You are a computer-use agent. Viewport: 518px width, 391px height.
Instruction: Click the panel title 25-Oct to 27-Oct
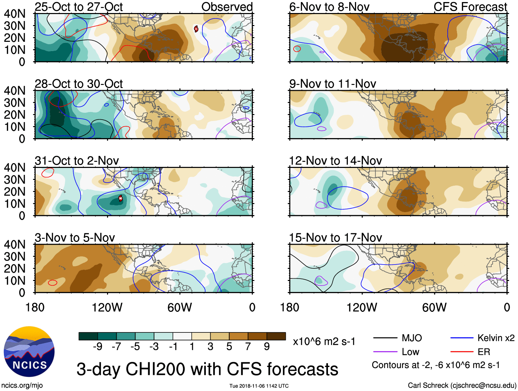(79, 7)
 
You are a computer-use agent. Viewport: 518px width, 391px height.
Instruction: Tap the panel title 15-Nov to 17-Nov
(335, 238)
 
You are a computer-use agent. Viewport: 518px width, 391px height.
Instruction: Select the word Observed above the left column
(227, 7)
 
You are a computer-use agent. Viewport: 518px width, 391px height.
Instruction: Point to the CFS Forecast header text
(470, 7)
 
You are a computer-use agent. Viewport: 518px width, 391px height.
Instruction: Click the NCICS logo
(29, 352)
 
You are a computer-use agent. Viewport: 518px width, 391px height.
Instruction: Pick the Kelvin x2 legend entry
(482, 338)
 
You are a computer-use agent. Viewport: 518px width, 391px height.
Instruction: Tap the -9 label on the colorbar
(97, 347)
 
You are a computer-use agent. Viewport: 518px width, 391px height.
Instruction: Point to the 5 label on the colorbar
(229, 347)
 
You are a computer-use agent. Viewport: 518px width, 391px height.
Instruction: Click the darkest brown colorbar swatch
(276, 336)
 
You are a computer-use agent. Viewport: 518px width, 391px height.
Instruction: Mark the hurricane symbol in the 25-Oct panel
(196, 29)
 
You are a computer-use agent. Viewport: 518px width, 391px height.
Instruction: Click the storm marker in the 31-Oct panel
(120, 198)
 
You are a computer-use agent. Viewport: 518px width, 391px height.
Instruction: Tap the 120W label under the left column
(107, 307)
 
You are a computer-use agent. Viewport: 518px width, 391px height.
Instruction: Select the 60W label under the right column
(434, 307)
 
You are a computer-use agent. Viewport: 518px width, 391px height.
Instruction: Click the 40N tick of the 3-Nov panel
(14, 245)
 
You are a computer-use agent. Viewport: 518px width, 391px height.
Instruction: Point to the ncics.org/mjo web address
(22, 386)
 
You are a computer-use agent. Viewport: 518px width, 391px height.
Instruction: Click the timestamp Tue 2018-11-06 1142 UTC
(259, 386)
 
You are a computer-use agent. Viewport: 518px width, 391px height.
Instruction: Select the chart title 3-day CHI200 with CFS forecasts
(207, 369)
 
